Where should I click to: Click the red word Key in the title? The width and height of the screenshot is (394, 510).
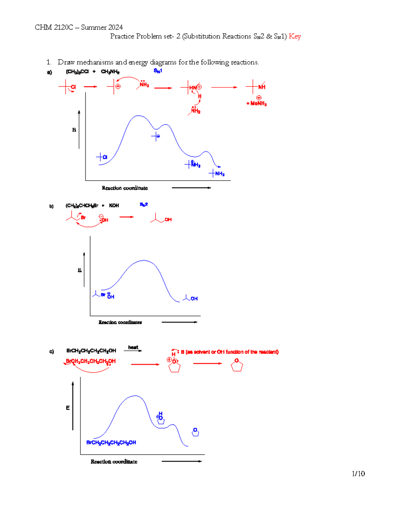coord(295,36)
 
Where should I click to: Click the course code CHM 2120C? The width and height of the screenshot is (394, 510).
coord(54,27)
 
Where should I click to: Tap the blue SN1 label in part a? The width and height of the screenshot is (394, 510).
coord(158,71)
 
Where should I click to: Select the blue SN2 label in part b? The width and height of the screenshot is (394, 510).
coord(144,205)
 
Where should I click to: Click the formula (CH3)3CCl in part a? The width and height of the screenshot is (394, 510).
coord(77,72)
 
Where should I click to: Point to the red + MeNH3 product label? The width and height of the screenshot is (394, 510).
coord(257,103)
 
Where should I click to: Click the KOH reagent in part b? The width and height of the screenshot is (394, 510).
coord(114,206)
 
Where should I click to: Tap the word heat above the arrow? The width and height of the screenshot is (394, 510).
coord(133,347)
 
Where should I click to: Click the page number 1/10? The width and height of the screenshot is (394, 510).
coord(358,474)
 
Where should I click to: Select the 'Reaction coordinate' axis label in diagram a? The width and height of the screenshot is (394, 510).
coord(125,188)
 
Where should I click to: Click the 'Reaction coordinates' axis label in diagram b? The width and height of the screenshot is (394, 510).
coord(120,322)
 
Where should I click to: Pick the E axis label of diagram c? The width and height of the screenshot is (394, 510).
coord(68,408)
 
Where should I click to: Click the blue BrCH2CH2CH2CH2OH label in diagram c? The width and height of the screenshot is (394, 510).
coord(111,443)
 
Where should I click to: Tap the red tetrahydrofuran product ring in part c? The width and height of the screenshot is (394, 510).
coord(237,365)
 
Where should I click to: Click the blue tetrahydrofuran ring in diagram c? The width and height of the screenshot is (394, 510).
coord(195,432)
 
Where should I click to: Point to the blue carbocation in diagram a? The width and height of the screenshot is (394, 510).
coord(156,136)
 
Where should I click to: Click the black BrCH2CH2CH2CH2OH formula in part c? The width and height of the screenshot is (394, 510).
coord(91,351)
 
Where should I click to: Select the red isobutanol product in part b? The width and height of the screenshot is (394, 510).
coord(161,219)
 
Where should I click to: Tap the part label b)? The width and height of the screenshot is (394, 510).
coord(52,207)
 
